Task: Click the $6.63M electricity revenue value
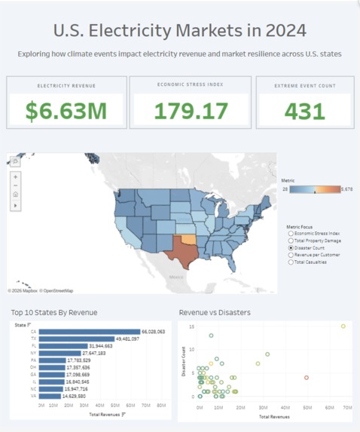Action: [66, 111]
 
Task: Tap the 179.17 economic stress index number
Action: [191, 111]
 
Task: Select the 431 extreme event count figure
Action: [305, 111]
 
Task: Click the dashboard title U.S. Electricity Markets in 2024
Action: [179, 31]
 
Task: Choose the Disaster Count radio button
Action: [291, 247]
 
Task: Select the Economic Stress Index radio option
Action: [291, 233]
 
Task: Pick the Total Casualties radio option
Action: [291, 262]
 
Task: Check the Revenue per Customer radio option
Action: [291, 255]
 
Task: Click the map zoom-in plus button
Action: [16, 176]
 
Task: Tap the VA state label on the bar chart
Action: [34, 396]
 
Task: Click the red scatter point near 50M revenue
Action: [307, 378]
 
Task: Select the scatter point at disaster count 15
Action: [343, 326]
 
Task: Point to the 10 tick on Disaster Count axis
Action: [192, 349]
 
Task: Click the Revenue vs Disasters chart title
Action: [215, 312]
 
